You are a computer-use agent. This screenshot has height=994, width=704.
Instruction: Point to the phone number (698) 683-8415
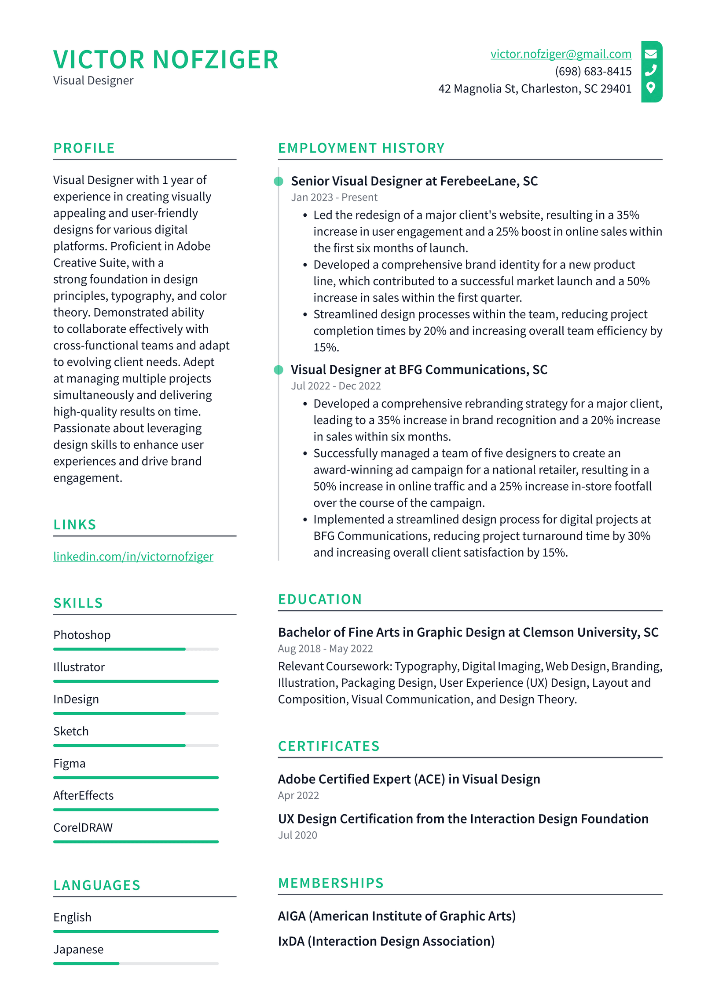pos(593,71)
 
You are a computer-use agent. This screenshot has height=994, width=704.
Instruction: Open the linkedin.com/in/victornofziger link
pos(133,556)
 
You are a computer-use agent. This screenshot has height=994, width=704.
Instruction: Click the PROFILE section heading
pos(84,148)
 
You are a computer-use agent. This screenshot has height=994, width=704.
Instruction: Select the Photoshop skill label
pos(82,635)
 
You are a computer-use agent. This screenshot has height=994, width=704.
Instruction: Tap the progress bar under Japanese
pos(136,963)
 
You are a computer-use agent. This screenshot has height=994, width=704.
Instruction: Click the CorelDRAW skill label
pos(83,827)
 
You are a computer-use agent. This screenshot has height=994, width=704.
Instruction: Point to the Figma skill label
pos(69,763)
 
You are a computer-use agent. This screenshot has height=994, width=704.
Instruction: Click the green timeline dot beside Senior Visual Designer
pos(278,181)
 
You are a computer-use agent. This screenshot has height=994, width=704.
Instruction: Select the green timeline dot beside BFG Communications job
pos(278,370)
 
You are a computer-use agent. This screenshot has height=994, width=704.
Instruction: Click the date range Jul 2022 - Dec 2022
pos(335,386)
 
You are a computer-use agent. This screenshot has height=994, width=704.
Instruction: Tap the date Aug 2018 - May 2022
pos(325,648)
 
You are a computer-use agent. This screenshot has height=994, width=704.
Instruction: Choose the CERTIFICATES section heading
pos(328,746)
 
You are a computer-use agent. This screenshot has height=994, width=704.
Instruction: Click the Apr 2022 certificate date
pos(298,795)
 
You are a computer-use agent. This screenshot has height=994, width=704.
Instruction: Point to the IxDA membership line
pos(386,941)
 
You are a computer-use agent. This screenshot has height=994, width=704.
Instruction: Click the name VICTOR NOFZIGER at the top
pos(166,60)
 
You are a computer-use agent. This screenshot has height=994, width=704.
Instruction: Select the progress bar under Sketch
pos(136,745)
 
